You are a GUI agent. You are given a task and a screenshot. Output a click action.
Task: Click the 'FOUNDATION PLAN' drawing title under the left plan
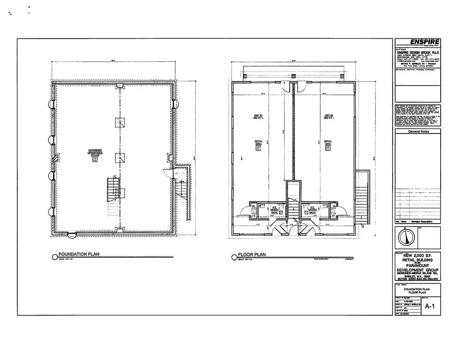(x=79, y=254)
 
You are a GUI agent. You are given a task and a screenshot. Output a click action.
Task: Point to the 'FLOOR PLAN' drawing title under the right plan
(x=252, y=254)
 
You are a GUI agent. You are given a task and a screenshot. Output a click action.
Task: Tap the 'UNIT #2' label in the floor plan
(x=328, y=116)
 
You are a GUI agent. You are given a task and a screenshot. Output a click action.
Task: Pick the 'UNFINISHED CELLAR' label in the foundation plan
(x=94, y=152)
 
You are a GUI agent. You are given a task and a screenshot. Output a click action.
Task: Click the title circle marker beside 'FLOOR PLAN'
(x=234, y=255)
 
